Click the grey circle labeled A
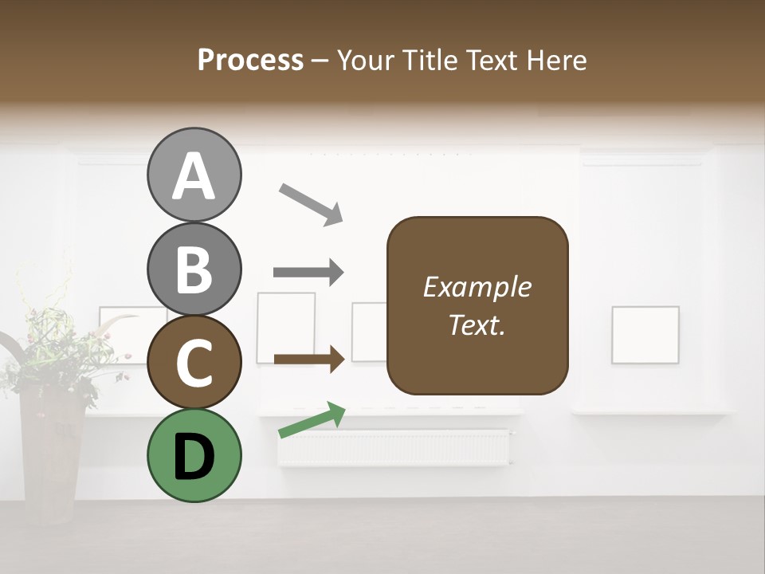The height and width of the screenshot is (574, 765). pyautogui.click(x=194, y=175)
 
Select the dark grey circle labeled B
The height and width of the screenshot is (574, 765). pyautogui.click(x=194, y=269)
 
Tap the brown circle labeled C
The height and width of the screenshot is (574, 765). pyautogui.click(x=194, y=362)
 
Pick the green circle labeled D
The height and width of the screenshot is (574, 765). pyautogui.click(x=194, y=455)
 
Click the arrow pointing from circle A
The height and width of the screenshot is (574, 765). pyautogui.click(x=311, y=202)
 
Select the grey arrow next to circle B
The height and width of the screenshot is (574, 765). pyautogui.click(x=308, y=273)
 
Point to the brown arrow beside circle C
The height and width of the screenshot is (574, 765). pyautogui.click(x=308, y=359)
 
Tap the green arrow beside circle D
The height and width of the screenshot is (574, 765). pyautogui.click(x=312, y=420)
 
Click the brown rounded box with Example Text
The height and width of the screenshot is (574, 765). pyautogui.click(x=477, y=306)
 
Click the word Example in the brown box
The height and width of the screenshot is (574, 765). pyautogui.click(x=477, y=287)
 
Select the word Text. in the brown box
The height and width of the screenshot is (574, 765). pyautogui.click(x=477, y=325)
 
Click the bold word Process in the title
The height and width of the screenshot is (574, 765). pyautogui.click(x=250, y=60)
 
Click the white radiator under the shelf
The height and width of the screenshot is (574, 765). pyautogui.click(x=394, y=447)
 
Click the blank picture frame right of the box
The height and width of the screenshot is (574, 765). pyautogui.click(x=645, y=335)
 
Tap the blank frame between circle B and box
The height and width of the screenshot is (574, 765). pyautogui.click(x=286, y=327)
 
